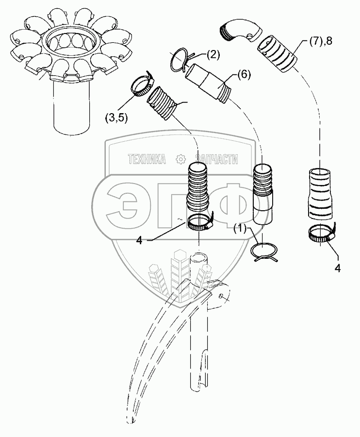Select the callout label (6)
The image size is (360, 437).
(x=245, y=74)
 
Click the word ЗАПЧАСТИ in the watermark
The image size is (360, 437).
(x=216, y=159)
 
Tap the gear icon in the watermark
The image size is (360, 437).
(x=180, y=159)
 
